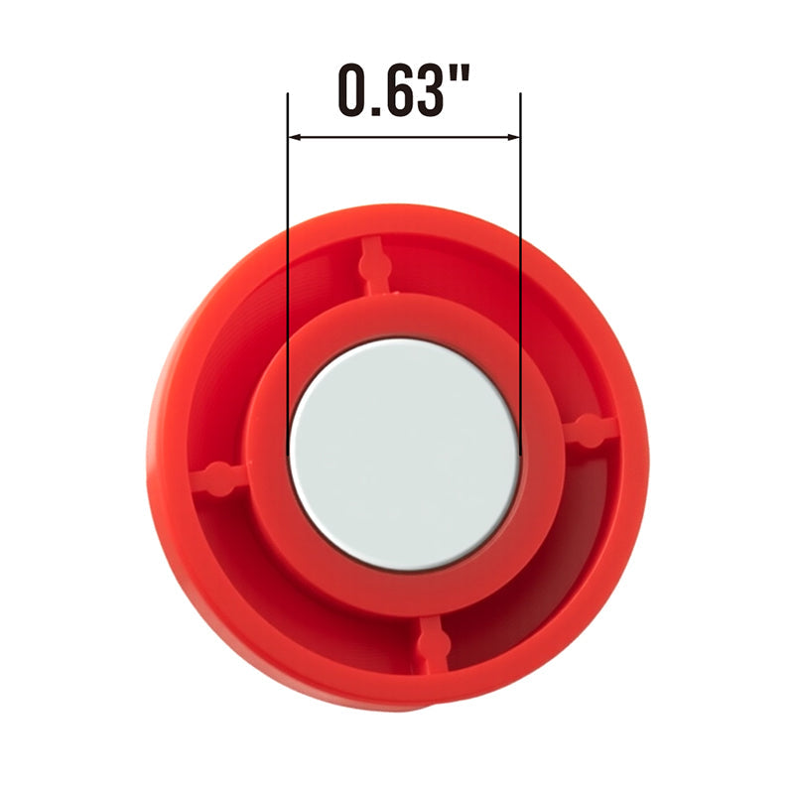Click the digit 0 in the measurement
(x=355, y=89)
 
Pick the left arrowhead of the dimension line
(x=294, y=137)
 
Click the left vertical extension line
(x=288, y=274)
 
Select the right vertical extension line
(x=521, y=274)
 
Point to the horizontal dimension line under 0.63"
(x=404, y=137)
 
